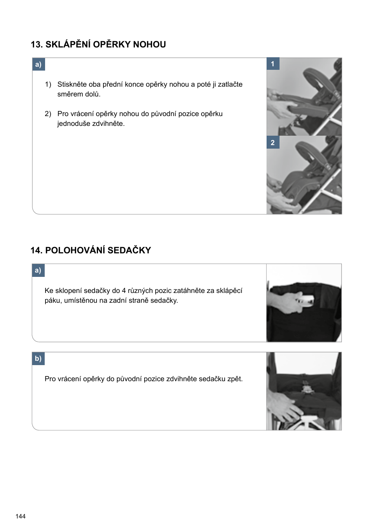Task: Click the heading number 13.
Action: point(36,45)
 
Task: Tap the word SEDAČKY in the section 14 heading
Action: point(129,251)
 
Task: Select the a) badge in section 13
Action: point(38,64)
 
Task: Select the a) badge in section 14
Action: point(38,270)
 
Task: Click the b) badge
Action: point(38,358)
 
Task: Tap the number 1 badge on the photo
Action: point(273,64)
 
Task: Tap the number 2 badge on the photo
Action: point(273,143)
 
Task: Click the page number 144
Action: point(20,516)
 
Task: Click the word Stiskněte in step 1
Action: point(72,84)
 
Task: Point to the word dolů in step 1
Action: point(92,94)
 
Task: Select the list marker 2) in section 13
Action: point(48,114)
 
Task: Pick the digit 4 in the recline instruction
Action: point(124,291)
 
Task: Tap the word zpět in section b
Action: point(234,379)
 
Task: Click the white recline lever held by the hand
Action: point(305,300)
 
